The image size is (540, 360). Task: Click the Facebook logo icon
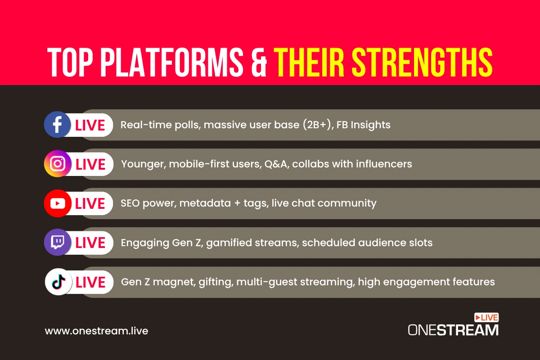(x=58, y=124)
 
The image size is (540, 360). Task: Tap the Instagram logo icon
(x=58, y=164)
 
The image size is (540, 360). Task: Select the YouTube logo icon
(x=58, y=203)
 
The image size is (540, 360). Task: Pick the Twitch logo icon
(x=58, y=243)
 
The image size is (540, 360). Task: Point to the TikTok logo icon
(x=58, y=282)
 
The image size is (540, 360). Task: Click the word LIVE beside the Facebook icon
(x=90, y=126)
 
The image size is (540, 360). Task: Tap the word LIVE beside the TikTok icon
(x=90, y=282)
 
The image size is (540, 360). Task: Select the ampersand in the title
(x=259, y=63)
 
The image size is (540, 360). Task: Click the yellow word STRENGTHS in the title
(x=422, y=62)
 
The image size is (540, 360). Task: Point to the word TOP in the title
(x=70, y=62)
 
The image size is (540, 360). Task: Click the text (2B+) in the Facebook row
(x=318, y=125)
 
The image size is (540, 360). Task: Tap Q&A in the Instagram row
(x=277, y=164)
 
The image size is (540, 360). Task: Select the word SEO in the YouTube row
(x=130, y=203)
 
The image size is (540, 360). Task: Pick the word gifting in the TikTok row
(x=216, y=282)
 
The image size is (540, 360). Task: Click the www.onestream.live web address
(x=96, y=331)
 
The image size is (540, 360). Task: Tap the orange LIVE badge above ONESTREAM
(x=486, y=317)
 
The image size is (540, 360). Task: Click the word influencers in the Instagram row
(x=384, y=164)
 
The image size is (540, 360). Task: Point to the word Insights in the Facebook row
(x=370, y=125)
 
